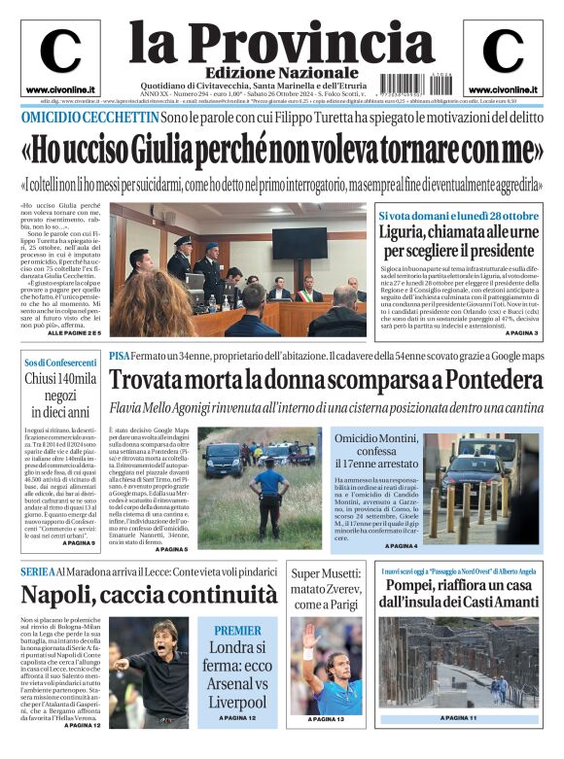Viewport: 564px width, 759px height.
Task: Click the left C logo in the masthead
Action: (x=60, y=51)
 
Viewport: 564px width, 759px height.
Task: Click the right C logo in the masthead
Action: (x=503, y=51)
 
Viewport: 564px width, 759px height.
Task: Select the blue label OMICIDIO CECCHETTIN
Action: (x=89, y=117)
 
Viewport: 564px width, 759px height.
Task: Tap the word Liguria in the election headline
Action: (x=406, y=234)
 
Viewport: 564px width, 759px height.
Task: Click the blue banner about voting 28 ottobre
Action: (x=458, y=215)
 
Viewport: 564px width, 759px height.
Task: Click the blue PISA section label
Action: (x=119, y=356)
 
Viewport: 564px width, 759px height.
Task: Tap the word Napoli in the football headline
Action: (x=59, y=593)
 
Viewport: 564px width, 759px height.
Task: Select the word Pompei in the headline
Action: (x=414, y=586)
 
